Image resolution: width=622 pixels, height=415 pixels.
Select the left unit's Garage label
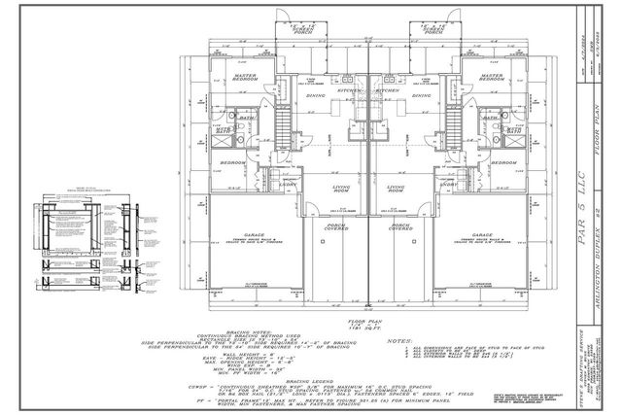256,236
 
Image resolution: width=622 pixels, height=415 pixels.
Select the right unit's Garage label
477,236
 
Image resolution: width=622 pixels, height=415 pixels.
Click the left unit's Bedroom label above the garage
230,162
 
